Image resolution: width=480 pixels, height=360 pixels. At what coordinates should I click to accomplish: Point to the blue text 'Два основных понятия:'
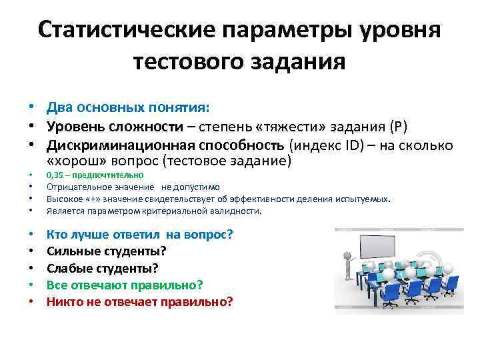pos(127,107)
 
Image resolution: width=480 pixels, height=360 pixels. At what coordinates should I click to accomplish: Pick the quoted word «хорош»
pos(75,161)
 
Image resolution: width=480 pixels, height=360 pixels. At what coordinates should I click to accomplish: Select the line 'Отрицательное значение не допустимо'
pos(133,187)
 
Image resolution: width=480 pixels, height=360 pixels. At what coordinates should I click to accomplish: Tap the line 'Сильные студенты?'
pos(106,251)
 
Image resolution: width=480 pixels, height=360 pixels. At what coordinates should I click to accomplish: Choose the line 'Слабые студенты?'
pos(103,268)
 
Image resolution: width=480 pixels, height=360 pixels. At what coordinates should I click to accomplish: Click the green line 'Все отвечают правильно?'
pos(124,285)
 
